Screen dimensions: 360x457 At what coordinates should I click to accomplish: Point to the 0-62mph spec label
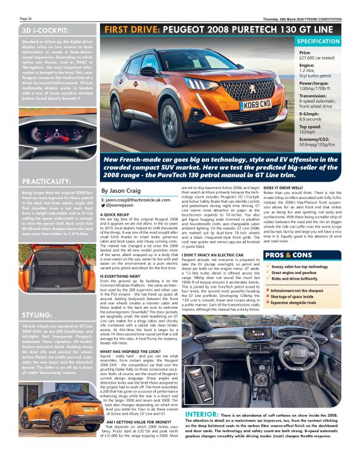point(311,113)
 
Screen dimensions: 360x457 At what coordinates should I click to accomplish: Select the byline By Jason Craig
point(122,191)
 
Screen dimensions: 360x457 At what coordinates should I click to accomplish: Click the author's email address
point(135,200)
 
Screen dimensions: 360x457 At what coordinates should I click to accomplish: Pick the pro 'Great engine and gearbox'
point(300,273)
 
